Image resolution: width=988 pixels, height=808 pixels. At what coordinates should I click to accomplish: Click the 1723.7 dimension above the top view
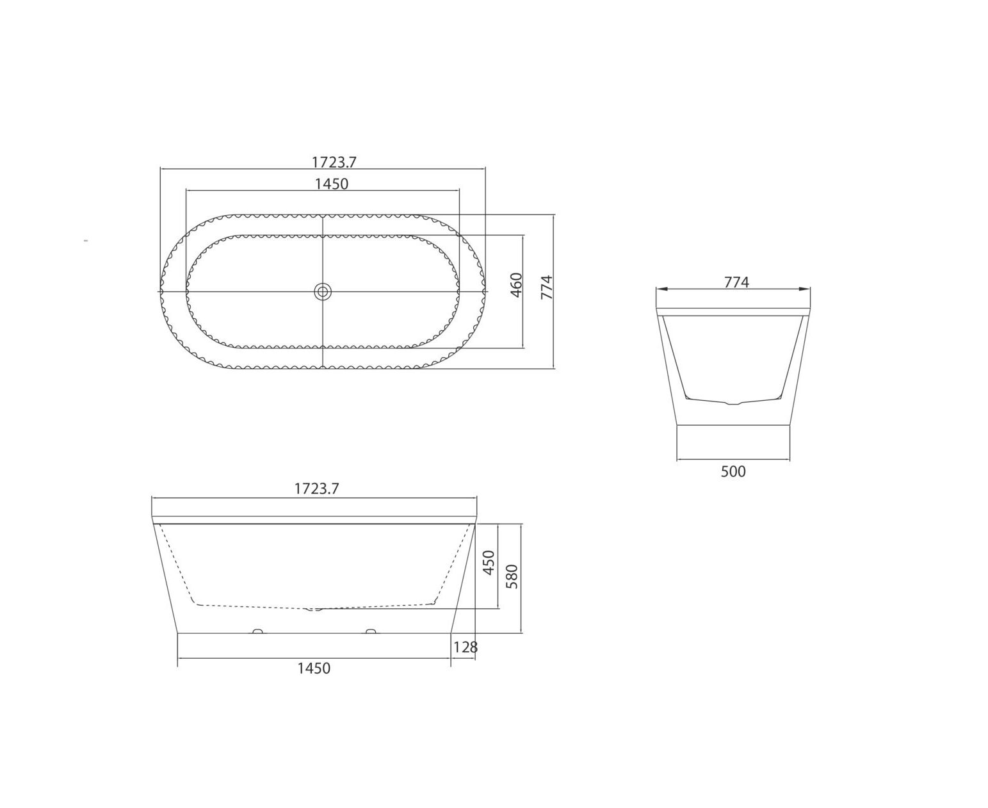(334, 162)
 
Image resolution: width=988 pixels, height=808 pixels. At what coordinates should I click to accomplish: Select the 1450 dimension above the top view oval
(331, 184)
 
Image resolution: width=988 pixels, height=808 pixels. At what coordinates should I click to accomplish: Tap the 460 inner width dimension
(516, 285)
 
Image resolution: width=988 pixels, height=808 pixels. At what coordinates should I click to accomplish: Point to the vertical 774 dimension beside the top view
(547, 287)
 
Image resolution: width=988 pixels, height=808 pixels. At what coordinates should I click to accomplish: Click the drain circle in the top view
(322, 291)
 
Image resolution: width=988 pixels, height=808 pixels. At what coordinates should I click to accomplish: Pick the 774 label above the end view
(736, 282)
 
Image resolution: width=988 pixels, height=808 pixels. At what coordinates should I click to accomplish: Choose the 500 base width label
(733, 471)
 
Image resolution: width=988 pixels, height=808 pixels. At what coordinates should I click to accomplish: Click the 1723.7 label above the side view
(316, 489)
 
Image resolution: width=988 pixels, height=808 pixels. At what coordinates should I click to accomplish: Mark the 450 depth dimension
(489, 563)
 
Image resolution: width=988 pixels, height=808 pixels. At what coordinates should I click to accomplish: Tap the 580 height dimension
(513, 577)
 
